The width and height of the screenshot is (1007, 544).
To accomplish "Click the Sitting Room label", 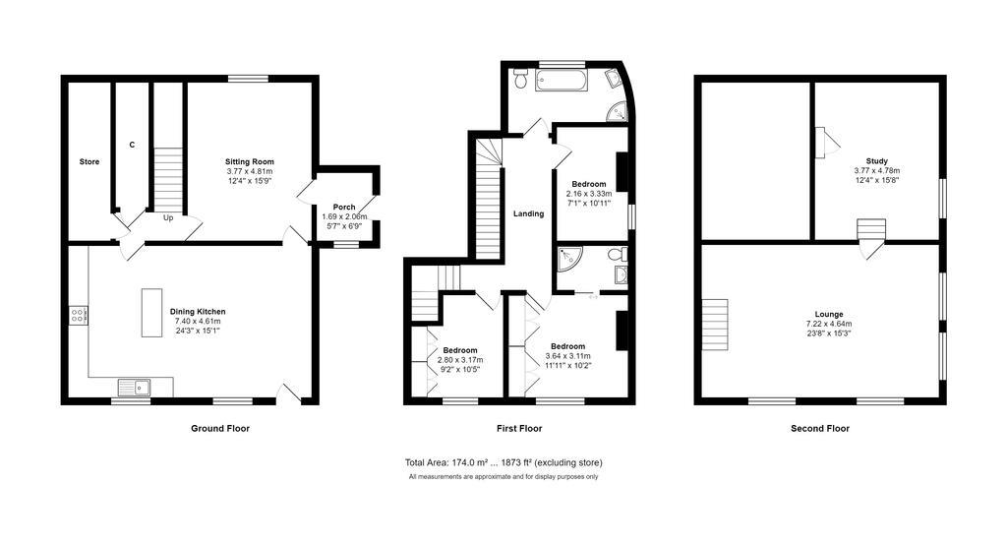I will pos(249,161).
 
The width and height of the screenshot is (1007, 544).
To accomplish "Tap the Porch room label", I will pos(344,207).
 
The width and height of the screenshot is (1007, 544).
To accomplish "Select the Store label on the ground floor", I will pos(89,161).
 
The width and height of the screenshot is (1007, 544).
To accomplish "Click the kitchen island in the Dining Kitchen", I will pos(151,312).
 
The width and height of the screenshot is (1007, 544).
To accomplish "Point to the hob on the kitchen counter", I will pos(78,316).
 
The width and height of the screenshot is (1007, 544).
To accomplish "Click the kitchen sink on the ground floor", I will pos(136,387).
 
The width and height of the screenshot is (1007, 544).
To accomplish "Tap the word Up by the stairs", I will pos(168,218).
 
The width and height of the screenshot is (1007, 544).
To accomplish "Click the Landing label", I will pos(528,213).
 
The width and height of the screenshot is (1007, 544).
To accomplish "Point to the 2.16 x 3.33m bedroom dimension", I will pos(589,195).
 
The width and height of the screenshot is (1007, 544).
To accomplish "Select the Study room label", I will pos(876,161).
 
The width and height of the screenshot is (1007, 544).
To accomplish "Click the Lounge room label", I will pos(829,315).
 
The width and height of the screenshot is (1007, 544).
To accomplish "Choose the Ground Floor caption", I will pos(219,429).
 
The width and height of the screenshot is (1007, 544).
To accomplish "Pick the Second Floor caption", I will pos(820,429).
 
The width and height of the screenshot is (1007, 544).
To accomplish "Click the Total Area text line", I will pos(503,462).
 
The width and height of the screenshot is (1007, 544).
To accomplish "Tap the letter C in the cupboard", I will pos(132,146).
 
